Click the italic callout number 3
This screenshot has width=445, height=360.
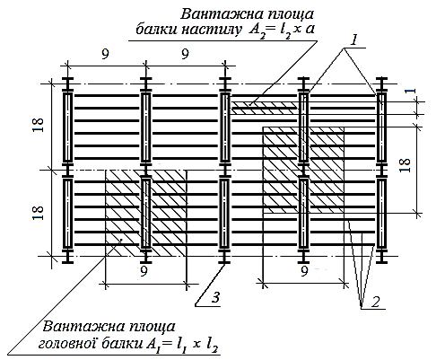(216, 297)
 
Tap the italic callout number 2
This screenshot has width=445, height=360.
(375, 302)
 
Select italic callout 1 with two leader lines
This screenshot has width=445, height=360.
(354, 40)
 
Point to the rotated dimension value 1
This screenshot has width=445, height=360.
(412, 91)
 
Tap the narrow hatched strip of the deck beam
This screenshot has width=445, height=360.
(265, 108)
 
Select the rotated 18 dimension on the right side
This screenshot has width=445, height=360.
(405, 165)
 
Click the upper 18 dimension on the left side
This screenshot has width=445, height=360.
(39, 125)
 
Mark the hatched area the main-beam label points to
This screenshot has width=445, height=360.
(146, 213)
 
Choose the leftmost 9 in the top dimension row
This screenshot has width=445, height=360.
(105, 54)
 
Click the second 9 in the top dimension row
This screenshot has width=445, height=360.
(186, 54)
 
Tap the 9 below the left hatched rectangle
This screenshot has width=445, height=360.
(144, 271)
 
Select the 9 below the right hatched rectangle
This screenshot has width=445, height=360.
(304, 271)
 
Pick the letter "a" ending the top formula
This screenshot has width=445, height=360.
(310, 30)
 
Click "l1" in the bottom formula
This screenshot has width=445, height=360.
(180, 345)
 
